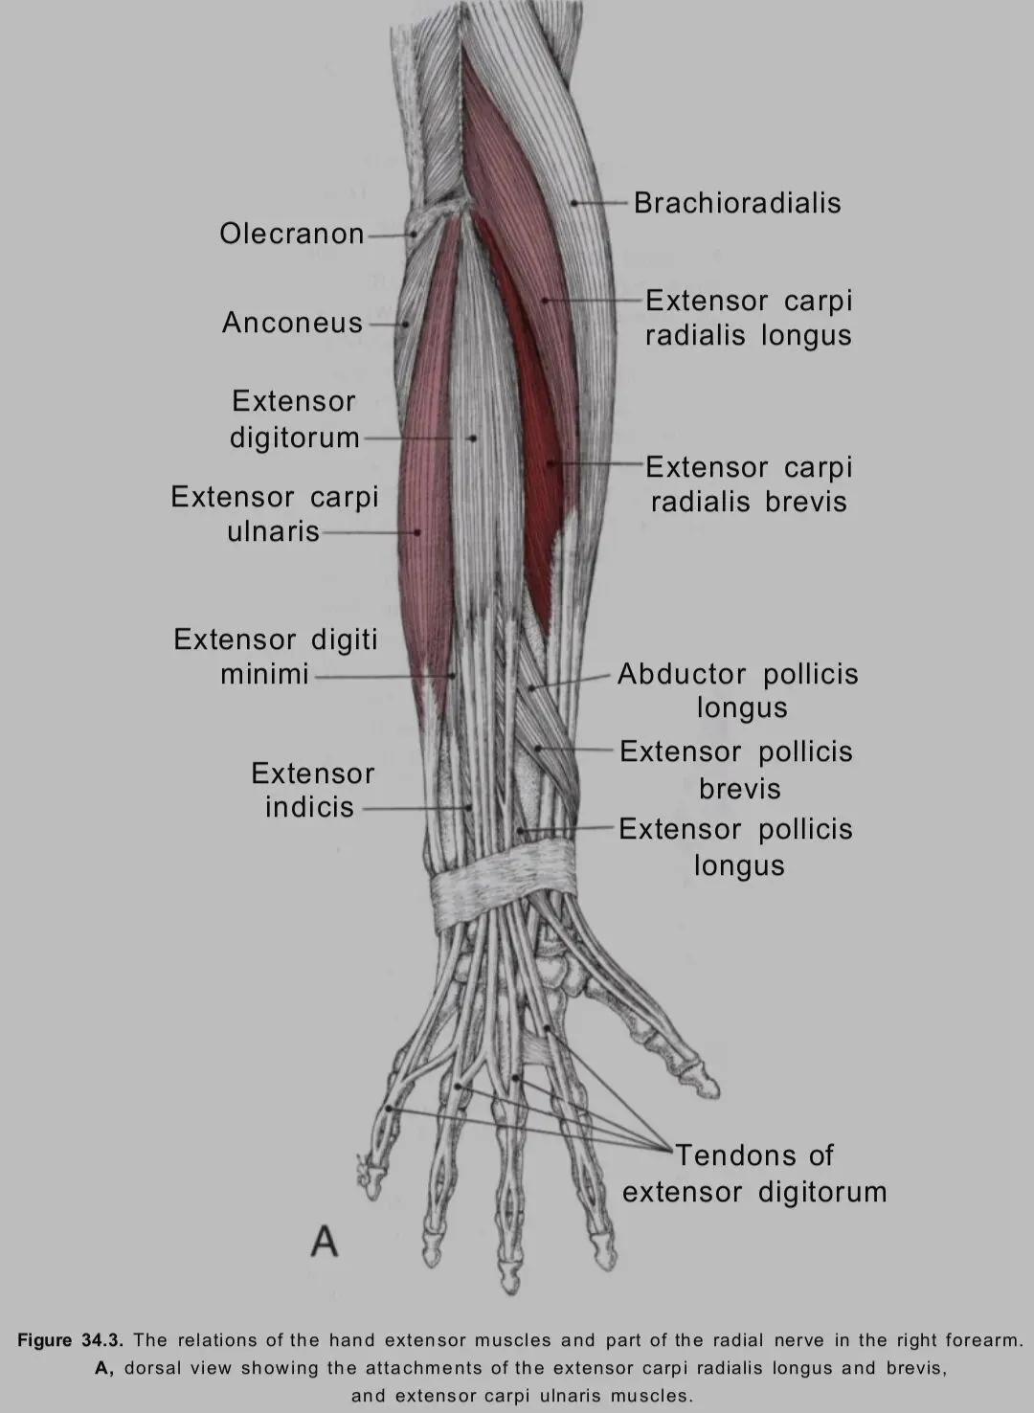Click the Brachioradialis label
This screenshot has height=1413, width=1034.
coord(737,203)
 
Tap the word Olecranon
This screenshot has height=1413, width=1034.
coord(291,234)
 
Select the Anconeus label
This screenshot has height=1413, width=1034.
coord(292,323)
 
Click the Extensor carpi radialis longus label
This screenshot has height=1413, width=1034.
coord(748,318)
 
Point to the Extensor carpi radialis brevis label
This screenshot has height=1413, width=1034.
coord(748,484)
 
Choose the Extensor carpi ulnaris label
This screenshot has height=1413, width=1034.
coord(275,514)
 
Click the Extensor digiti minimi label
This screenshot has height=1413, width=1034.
coord(275,657)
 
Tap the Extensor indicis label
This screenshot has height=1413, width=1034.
coord(312,790)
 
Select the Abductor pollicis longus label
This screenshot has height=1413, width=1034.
coord(737,690)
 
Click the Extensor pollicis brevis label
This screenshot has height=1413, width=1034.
coord(735,770)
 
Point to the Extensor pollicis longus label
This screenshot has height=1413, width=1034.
coord(735,847)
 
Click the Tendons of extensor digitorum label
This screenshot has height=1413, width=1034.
coord(754,1174)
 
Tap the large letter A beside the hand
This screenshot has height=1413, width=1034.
coord(325,1242)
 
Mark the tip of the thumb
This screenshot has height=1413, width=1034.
coord(710,1086)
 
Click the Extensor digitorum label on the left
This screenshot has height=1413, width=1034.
coord(294,419)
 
